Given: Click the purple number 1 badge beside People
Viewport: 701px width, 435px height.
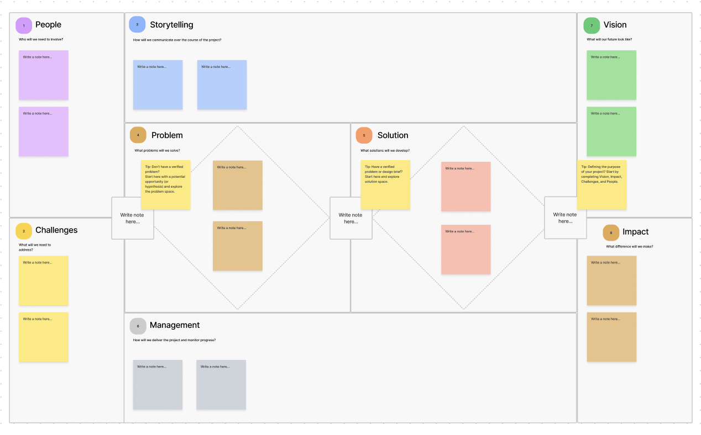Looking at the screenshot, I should coord(24,25).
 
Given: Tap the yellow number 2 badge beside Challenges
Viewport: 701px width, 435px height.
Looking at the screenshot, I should coord(24,231).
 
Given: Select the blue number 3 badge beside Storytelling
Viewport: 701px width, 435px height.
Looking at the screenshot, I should coord(137,25).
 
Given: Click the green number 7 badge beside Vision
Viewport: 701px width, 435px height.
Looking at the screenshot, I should coord(592,25).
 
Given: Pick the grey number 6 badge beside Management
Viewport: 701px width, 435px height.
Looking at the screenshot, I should coord(138,326).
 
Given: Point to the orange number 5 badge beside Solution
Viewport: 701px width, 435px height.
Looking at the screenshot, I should coord(364,135).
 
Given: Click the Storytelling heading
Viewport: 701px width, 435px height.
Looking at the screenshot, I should coord(171,25).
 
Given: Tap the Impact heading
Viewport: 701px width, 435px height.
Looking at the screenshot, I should coord(635,232).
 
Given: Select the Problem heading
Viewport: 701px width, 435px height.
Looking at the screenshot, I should coord(167,135).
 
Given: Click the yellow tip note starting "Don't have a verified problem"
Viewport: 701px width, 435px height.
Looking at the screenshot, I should coord(166,185).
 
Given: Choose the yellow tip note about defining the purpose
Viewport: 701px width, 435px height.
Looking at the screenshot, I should coord(601,185).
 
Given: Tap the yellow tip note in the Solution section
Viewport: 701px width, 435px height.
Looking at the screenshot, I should coord(385,185).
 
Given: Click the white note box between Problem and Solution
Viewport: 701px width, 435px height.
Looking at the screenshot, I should coord(350,218).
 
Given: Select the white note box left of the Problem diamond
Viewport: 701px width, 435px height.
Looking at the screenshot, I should coord(132,218).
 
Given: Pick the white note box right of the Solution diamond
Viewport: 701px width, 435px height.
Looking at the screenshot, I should coord(565,218).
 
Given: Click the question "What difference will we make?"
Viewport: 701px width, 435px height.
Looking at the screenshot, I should coord(629,247).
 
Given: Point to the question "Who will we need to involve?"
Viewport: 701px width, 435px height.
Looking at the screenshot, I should coord(41,40).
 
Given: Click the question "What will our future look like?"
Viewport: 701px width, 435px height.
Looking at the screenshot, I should coord(609,40).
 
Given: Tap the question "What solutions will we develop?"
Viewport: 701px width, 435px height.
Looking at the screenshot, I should coord(385,151).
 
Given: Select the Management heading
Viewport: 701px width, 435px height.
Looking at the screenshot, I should coord(175,325).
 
